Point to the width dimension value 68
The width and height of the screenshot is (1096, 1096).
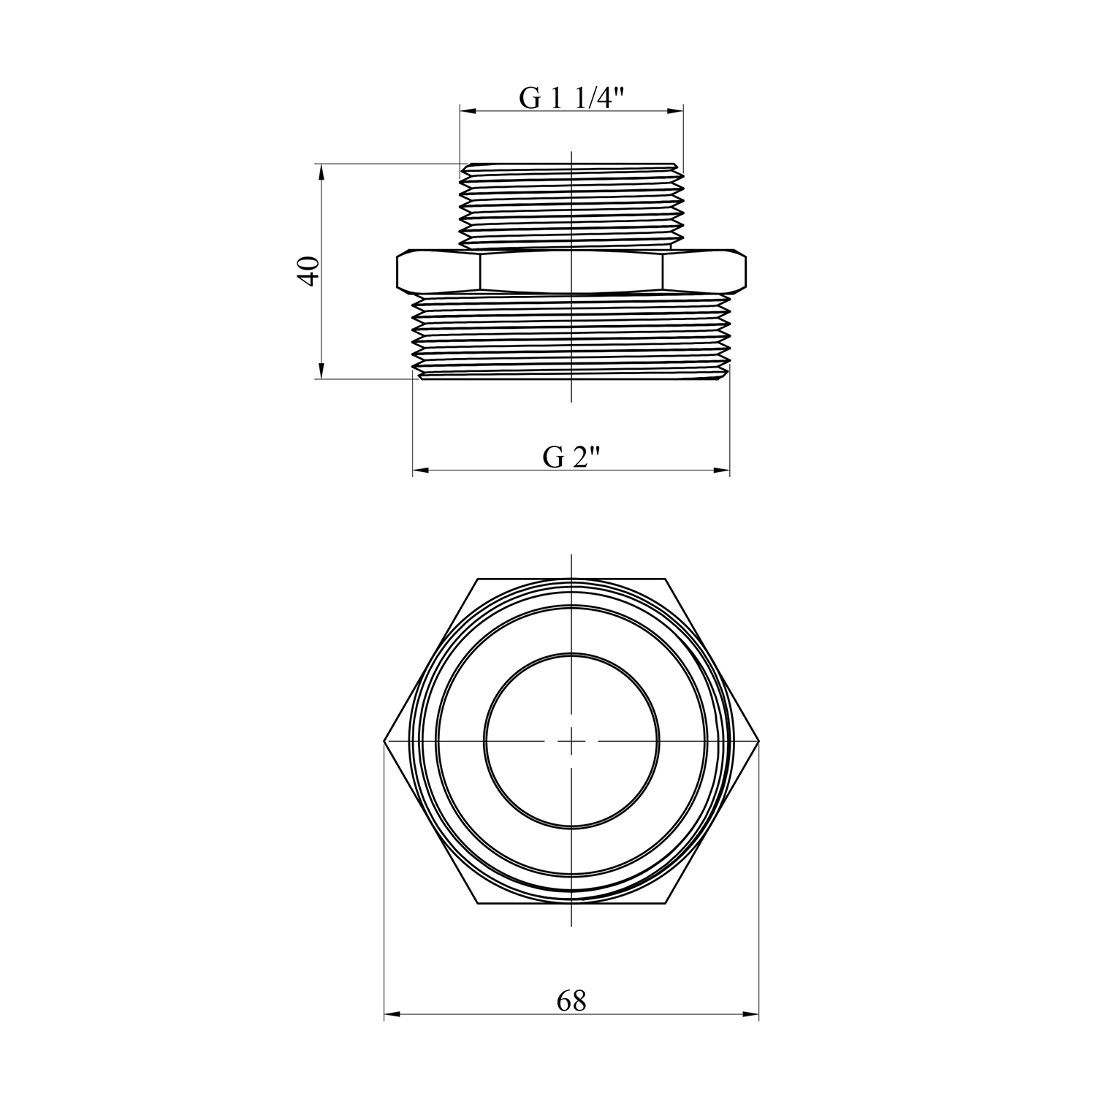[571, 1001]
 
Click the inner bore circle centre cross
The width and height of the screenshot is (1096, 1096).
[571, 741]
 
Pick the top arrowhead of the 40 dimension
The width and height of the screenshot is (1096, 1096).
[320, 172]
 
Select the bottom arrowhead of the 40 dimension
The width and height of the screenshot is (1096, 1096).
[320, 370]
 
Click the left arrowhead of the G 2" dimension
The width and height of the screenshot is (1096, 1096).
[422, 471]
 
